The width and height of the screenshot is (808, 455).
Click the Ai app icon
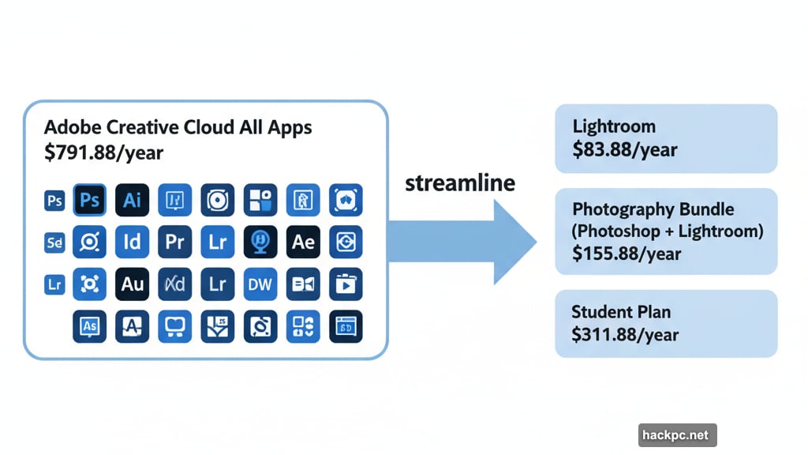pyautogui.click(x=132, y=201)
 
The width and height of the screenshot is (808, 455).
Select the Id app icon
pyautogui.click(x=132, y=242)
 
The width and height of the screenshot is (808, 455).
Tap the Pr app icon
pyautogui.click(x=174, y=242)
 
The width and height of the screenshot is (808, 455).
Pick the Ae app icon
pyautogui.click(x=303, y=242)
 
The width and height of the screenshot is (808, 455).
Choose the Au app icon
pyautogui.click(x=132, y=284)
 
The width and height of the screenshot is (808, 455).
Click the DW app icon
pyautogui.click(x=260, y=284)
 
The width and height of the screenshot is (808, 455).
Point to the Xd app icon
pyautogui.click(x=174, y=284)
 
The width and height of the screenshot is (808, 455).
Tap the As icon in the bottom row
pyautogui.click(x=89, y=325)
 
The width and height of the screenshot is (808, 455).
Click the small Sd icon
pyautogui.click(x=54, y=243)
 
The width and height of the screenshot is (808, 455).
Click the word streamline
pyautogui.click(x=459, y=183)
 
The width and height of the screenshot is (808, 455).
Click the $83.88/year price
pyautogui.click(x=625, y=149)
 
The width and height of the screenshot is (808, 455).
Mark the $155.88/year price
pyautogui.click(x=627, y=254)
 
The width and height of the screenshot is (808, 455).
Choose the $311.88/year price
pyautogui.click(x=625, y=334)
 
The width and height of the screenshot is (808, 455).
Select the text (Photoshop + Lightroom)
pyautogui.click(x=668, y=232)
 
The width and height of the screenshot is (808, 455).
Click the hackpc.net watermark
pyautogui.click(x=677, y=435)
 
